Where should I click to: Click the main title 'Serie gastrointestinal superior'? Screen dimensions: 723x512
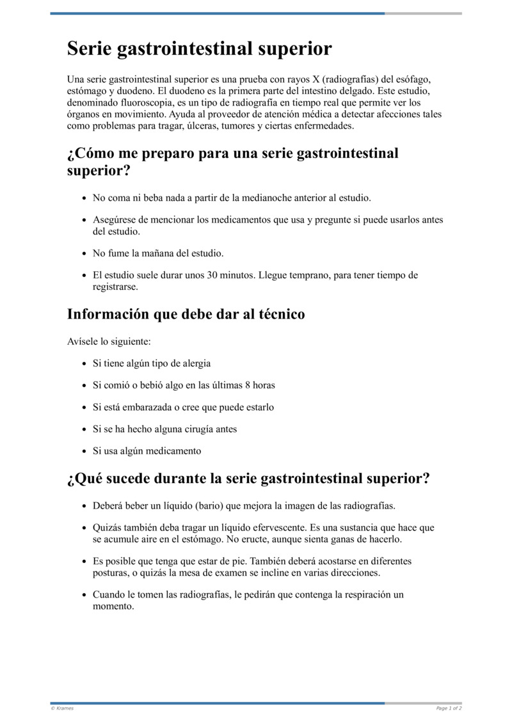199,49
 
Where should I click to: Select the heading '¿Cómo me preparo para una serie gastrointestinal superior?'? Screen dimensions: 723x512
232,161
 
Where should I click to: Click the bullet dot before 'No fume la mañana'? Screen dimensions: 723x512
84,254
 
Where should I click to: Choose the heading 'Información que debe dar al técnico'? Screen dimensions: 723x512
186,314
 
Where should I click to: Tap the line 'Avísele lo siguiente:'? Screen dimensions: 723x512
109,342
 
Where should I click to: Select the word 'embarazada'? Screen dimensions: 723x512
145,407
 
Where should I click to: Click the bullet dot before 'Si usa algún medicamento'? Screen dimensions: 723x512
84,451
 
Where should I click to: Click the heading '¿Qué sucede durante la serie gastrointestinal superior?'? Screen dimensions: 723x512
248,479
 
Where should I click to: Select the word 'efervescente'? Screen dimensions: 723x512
277,527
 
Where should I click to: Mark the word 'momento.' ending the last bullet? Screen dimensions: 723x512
113,607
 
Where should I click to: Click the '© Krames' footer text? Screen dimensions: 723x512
62,708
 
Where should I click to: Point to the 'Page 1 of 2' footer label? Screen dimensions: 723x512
449,708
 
